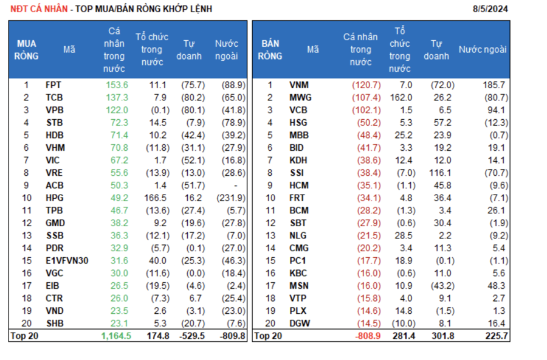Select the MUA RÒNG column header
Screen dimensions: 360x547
tap(26, 50)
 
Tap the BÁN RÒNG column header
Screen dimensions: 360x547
tap(270, 50)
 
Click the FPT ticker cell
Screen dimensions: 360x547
tap(53, 85)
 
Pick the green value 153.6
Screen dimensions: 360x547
tap(117, 85)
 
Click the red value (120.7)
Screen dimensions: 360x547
tap(366, 85)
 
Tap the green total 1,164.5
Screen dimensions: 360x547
tap(116, 336)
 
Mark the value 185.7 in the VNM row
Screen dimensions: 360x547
tap(494, 85)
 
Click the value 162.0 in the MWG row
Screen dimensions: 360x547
tap(401, 97)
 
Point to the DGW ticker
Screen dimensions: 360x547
tap(300, 324)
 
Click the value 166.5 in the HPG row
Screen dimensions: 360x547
tap(154, 198)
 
